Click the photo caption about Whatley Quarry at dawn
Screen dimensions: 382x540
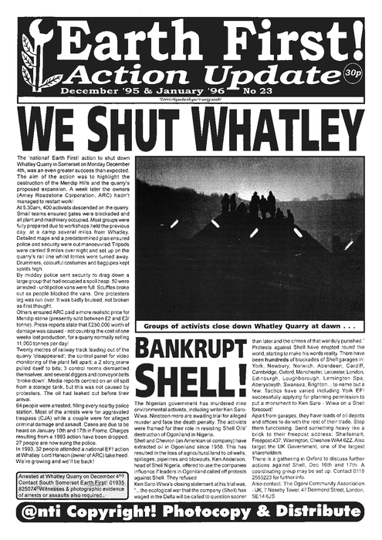pyautogui.click(x=243, y=305)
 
